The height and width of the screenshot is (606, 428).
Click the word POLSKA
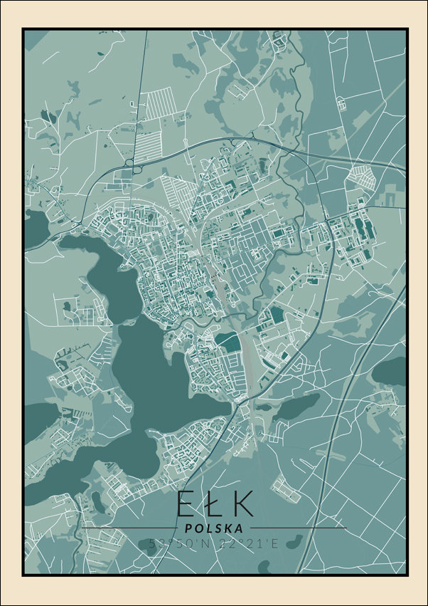tap(213, 528)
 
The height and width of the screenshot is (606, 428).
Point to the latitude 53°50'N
tap(173, 543)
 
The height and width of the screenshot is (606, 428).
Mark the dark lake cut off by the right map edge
tap(391, 370)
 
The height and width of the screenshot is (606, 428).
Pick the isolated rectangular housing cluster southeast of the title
tap(286, 487)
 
